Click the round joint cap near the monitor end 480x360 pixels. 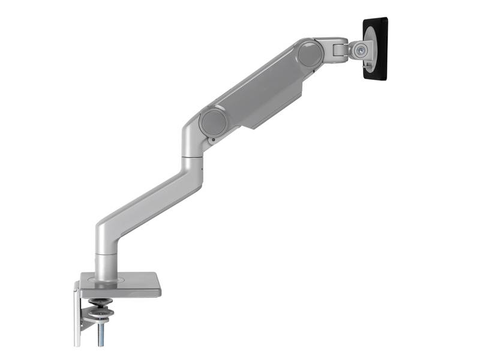point(311,53)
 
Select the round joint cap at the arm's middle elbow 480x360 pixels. point(213,122)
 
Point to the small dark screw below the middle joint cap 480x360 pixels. point(212,141)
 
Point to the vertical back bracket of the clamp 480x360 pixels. point(77,318)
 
